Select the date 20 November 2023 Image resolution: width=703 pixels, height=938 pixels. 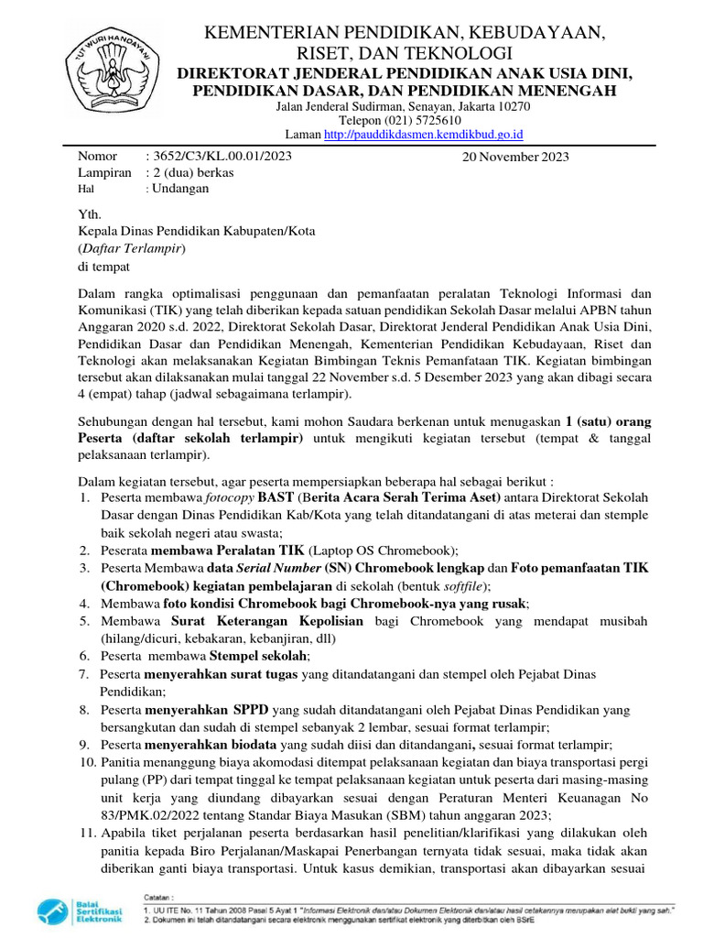[516, 157]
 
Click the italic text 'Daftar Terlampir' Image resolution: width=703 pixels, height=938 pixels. [133, 248]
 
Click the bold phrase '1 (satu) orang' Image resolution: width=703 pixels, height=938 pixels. [609, 421]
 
